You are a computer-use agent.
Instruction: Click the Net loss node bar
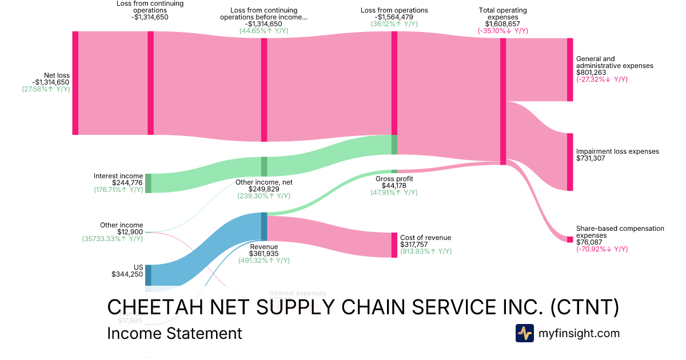75,83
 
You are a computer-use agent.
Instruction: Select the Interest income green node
148,183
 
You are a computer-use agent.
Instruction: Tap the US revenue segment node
148,275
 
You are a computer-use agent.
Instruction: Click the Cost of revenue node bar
394,245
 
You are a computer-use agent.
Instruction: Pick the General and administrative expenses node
569,70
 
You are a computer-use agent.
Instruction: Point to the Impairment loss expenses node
569,162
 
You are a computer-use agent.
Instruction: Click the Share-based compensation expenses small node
569,239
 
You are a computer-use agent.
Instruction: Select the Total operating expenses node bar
503,101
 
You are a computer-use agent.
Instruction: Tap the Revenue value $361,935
264,253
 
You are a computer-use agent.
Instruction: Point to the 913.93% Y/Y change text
426,251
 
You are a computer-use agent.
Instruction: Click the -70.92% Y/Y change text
602,249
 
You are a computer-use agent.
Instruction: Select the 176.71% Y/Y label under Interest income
118,189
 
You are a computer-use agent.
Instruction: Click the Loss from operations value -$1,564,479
394,17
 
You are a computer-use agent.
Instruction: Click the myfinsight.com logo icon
524,333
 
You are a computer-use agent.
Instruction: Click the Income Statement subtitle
174,333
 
